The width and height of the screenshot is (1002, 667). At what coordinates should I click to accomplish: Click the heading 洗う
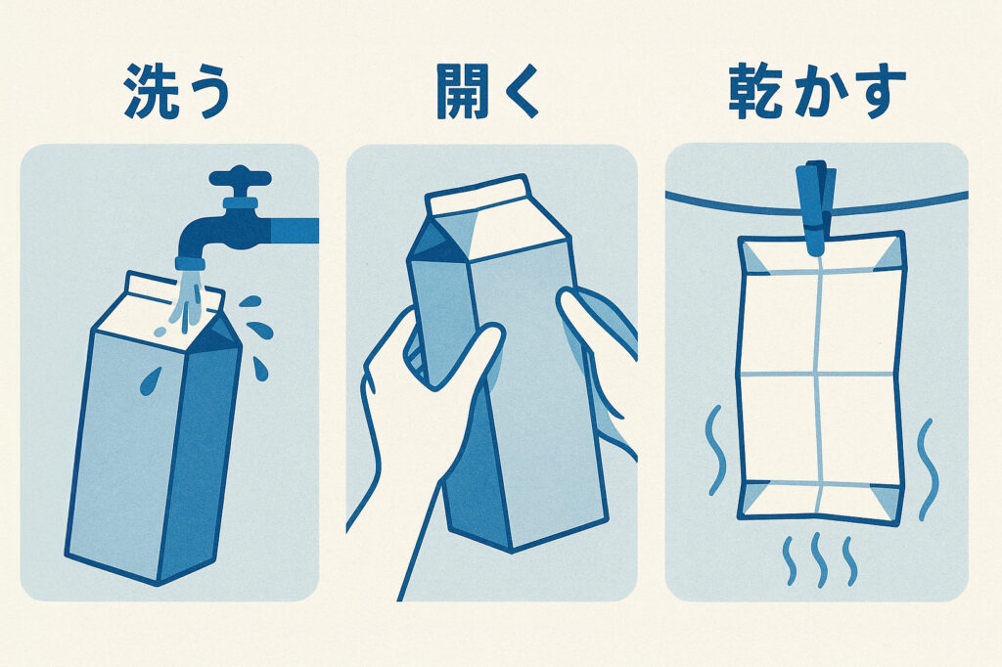pyautogui.click(x=177, y=94)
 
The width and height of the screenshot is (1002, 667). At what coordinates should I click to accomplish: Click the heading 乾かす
pyautogui.click(x=817, y=94)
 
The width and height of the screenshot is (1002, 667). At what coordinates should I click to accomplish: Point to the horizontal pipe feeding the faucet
pyautogui.click(x=294, y=230)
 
